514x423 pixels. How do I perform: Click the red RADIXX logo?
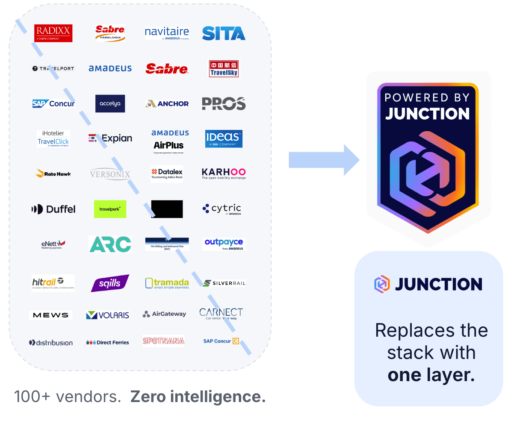point(53,33)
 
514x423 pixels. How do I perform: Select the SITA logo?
point(223,33)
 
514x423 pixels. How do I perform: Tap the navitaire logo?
point(167,33)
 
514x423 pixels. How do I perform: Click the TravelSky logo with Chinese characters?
point(224,69)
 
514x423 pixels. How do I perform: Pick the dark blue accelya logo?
point(110,103)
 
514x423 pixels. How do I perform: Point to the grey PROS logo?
point(223,103)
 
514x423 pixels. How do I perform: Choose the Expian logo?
point(110,138)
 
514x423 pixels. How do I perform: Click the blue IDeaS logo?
point(224,138)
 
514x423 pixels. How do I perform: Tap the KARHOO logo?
point(224,173)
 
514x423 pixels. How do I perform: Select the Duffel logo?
point(53,209)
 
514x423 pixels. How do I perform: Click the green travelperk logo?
point(110,209)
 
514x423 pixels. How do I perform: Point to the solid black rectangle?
point(167,209)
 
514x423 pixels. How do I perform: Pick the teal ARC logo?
point(110,244)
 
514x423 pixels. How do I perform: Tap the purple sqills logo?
point(110,283)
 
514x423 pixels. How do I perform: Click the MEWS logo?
point(50,315)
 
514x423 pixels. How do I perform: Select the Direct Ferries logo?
point(107,342)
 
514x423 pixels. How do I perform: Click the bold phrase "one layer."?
point(431,375)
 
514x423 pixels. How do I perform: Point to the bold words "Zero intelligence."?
point(198,397)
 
